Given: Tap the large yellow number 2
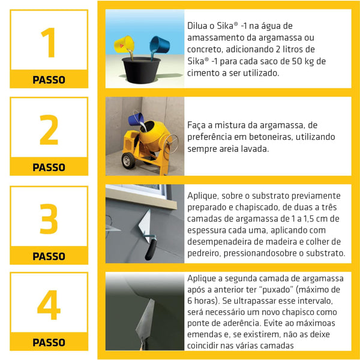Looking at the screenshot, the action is tap(49, 130).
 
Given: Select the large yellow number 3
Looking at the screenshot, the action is tap(49, 219).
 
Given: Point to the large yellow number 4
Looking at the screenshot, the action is tap(49, 305).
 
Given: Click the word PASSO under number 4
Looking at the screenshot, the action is tap(49, 343).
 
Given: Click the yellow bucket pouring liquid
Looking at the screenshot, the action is tap(124, 44).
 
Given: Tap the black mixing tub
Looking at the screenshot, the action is tap(141, 70).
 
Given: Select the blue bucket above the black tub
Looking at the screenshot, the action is tap(160, 44).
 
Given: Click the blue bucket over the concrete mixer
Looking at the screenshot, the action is tap(136, 119).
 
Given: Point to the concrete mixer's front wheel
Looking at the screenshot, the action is tap(128, 160).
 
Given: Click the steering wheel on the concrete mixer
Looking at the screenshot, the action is tap(171, 143).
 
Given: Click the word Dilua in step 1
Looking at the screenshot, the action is tap(197, 26).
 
